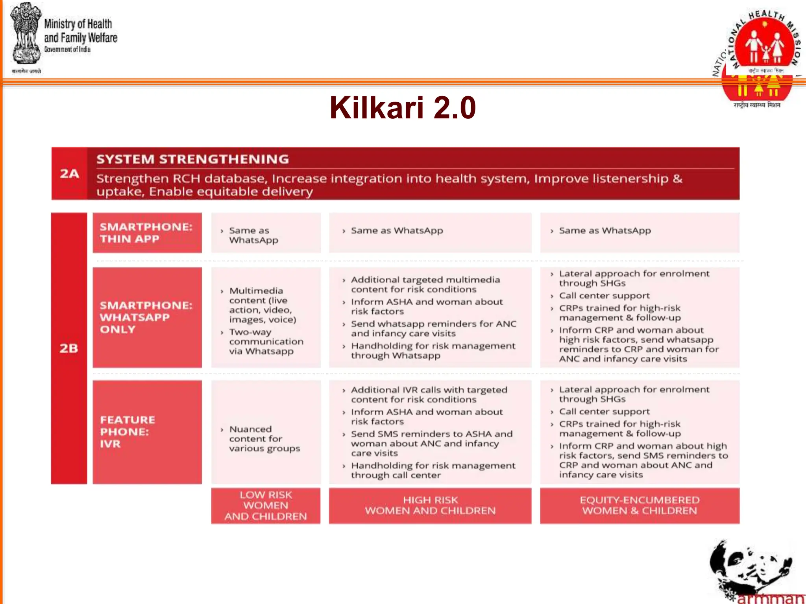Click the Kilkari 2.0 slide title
click(x=403, y=107)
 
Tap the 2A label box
click(x=69, y=173)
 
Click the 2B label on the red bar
click(x=69, y=348)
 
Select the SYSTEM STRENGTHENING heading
click(x=192, y=159)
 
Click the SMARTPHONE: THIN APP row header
click(x=146, y=233)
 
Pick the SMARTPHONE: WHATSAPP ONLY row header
click(x=146, y=317)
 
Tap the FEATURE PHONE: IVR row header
click(x=146, y=431)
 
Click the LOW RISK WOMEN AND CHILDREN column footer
click(x=266, y=505)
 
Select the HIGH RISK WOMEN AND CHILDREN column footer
click(x=430, y=505)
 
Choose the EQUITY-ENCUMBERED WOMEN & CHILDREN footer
click(x=639, y=505)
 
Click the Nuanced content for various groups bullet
click(x=264, y=438)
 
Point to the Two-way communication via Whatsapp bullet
click(x=266, y=341)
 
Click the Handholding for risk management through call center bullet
click(x=433, y=470)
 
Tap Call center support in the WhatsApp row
click(x=604, y=296)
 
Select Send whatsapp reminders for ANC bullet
click(x=433, y=328)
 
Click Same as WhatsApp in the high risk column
click(x=397, y=230)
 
